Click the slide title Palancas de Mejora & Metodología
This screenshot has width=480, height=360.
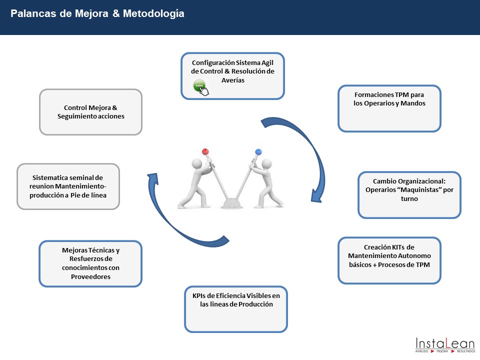[x=97, y=13]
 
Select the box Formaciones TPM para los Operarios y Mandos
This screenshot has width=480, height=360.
[x=389, y=108]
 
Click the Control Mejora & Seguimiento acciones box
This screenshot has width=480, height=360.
[x=90, y=111]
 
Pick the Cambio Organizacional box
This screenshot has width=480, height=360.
[x=409, y=194]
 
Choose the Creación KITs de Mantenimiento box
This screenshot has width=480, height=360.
[x=389, y=260]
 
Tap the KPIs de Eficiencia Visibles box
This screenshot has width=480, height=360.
[x=236, y=309]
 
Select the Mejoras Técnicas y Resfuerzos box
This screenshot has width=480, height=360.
[x=90, y=263]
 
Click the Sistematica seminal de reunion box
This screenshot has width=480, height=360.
[x=68, y=186]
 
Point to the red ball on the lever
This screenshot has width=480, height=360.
[x=205, y=151]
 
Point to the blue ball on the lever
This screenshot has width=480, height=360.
[x=258, y=151]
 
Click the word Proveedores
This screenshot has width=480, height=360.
[x=90, y=276]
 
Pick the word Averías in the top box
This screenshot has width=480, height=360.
[x=232, y=80]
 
